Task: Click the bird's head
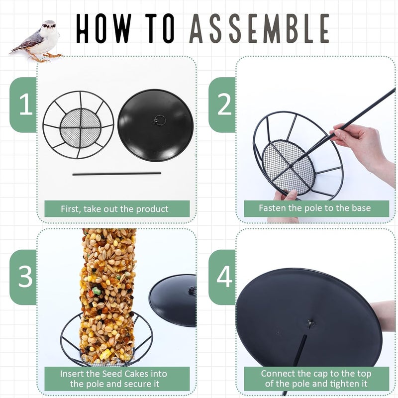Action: click(49, 26)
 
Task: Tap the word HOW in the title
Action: click(104, 28)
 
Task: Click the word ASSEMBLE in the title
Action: click(259, 28)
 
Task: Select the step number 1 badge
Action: click(23, 104)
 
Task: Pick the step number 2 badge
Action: click(222, 104)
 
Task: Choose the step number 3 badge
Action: click(23, 277)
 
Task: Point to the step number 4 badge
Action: click(222, 277)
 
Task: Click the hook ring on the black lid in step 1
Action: click(160, 120)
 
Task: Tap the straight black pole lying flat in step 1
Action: click(117, 174)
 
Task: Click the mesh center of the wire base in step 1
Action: click(80, 125)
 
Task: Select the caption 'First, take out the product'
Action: click(114, 209)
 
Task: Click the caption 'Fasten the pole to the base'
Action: click(315, 208)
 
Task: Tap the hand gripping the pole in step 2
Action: click(360, 145)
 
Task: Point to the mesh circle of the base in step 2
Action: click(288, 168)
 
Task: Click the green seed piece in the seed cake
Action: click(97, 291)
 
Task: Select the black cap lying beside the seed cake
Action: click(173, 300)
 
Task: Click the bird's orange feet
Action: click(46, 58)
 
